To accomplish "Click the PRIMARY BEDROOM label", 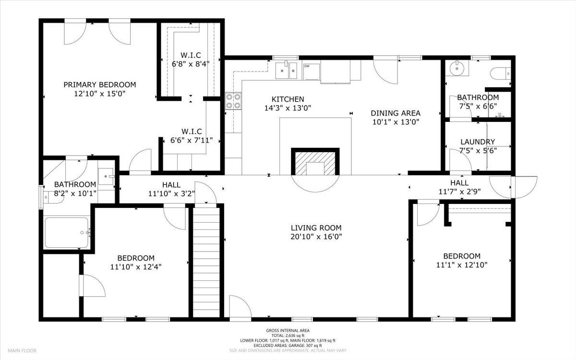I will (x=99, y=84).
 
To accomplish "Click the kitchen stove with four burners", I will (x=233, y=102).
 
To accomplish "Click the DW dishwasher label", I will (x=306, y=66).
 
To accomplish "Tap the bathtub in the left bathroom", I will (x=67, y=232).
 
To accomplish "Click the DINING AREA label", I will (x=395, y=113).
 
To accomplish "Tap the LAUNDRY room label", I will (x=477, y=142).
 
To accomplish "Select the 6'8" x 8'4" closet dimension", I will (x=190, y=63).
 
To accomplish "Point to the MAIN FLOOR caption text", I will (x=22, y=350).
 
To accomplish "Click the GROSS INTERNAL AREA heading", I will (x=288, y=330).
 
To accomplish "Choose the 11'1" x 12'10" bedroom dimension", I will (x=462, y=265).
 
